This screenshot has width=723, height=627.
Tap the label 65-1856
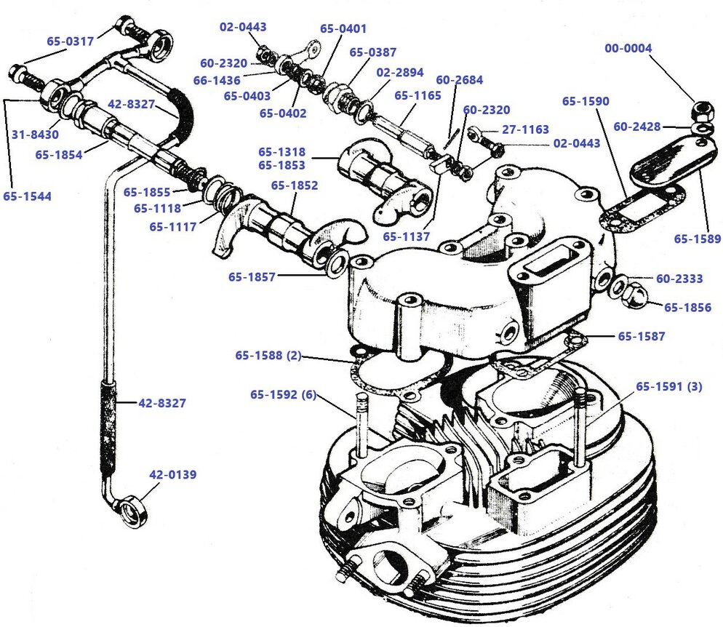coord(687,307)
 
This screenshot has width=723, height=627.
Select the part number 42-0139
coord(173,474)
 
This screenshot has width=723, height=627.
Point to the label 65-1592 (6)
coord(284,395)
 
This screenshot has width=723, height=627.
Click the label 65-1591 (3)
coord(669,386)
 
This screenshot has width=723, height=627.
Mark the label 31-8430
coord(35,134)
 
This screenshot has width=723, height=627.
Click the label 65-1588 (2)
coord(268,356)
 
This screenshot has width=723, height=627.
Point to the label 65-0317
coord(71,41)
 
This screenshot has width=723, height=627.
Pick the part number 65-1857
coord(252,277)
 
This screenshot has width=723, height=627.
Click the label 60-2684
coord(459,80)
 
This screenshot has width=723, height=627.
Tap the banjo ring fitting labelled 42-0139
coord(134,508)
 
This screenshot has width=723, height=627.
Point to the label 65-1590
coord(586,101)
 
